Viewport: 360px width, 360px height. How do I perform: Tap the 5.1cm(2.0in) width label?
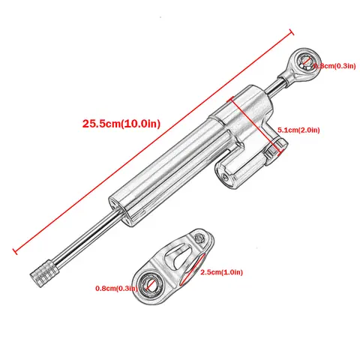298,130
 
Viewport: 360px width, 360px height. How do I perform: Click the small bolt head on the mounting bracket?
199,238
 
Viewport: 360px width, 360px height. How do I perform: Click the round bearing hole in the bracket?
153,284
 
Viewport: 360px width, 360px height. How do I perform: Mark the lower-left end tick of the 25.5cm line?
16,247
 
